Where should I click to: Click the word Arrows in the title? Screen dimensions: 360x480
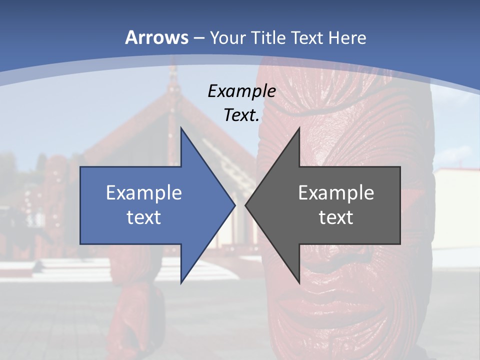tap(157, 37)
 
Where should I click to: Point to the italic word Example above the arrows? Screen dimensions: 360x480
tap(241, 91)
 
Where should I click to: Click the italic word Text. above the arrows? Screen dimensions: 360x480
tap(241, 115)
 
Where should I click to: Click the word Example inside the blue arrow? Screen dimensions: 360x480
tap(144, 192)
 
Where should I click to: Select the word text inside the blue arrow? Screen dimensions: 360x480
tap(144, 217)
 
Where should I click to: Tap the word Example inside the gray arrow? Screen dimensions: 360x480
tap(336, 192)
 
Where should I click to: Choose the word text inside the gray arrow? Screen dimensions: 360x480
tap(336, 217)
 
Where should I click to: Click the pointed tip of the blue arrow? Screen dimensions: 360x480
tap(235, 205)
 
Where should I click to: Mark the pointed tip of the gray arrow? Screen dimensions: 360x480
tap(245, 205)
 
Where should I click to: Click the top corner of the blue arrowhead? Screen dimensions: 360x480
tap(181, 128)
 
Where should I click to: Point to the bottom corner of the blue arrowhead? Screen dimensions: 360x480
tap(181, 283)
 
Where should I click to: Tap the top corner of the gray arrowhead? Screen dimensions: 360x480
tap(299, 128)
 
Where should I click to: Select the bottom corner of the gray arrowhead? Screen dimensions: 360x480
tap(299, 283)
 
